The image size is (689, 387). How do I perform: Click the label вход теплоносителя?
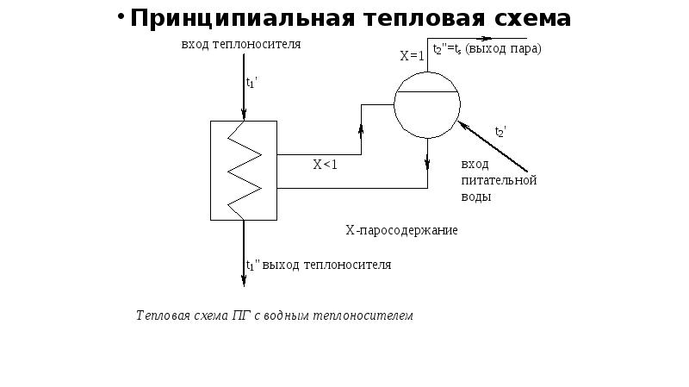pyautogui.click(x=240, y=43)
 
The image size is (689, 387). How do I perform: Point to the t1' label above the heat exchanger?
pyautogui.click(x=251, y=83)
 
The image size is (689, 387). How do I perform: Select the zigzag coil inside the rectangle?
pyautogui.click(x=244, y=169)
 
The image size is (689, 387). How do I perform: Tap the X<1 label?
pyautogui.click(x=325, y=165)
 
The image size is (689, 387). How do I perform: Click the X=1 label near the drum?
pyautogui.click(x=412, y=56)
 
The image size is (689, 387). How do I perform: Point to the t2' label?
pyautogui.click(x=500, y=131)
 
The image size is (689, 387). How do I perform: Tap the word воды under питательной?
pyautogui.click(x=476, y=197)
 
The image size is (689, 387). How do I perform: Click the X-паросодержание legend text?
pyautogui.click(x=401, y=230)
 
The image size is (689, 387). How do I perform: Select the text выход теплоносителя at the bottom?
pyautogui.click(x=326, y=265)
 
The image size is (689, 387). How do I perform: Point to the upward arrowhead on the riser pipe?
pyautogui.click(x=361, y=130)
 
